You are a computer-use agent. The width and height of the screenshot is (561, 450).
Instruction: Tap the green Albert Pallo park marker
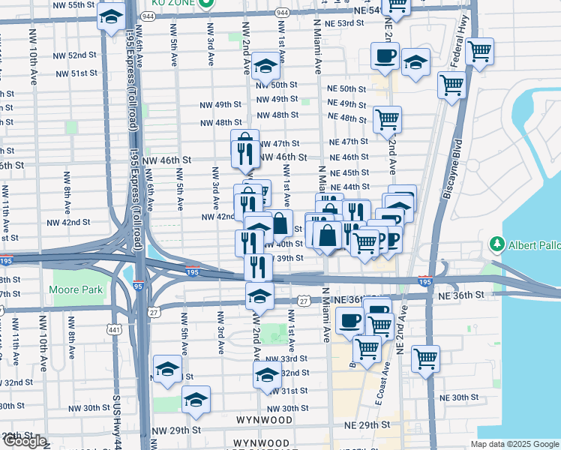[496, 244]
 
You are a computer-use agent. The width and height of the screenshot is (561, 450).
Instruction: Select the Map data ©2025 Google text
[514, 444]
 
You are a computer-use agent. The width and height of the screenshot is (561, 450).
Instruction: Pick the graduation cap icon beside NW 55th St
[111, 18]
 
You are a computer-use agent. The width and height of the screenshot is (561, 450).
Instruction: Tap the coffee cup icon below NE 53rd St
[385, 55]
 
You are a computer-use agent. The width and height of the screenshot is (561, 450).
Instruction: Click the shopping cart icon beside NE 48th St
[387, 118]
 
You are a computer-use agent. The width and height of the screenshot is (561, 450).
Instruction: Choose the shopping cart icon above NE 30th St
[425, 358]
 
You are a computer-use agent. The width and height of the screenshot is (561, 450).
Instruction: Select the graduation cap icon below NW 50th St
[265, 67]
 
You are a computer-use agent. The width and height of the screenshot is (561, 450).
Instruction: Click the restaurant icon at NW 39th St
[258, 265]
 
